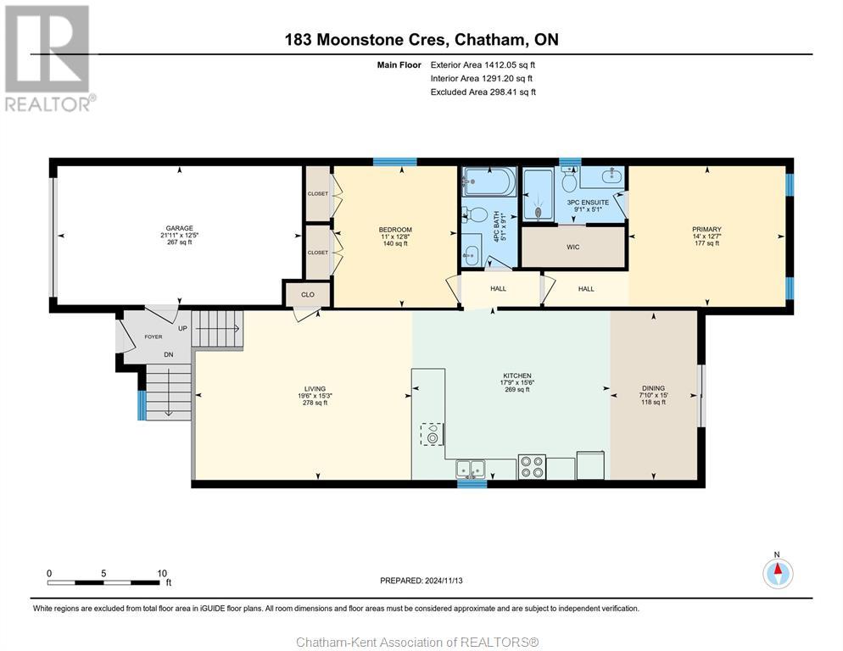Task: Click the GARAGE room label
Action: (x=179, y=229)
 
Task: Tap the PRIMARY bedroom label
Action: (x=706, y=230)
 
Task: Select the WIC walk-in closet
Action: (x=573, y=247)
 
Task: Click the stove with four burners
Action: (x=533, y=466)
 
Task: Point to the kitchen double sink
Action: (x=471, y=469)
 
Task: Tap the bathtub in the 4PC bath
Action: (x=489, y=181)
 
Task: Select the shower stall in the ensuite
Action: (x=539, y=196)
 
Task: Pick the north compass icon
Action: (x=778, y=573)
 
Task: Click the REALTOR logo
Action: (x=47, y=58)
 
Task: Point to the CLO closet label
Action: (x=308, y=295)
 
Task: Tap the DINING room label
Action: (x=653, y=388)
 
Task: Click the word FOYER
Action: (x=154, y=337)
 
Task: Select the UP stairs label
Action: (x=183, y=328)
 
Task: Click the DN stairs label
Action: (x=168, y=355)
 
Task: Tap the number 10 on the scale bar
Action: (x=162, y=574)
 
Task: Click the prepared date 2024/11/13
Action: (x=444, y=581)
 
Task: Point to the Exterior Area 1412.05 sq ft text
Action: (x=483, y=65)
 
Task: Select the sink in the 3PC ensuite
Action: (x=611, y=175)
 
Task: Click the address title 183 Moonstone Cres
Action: (x=365, y=40)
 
